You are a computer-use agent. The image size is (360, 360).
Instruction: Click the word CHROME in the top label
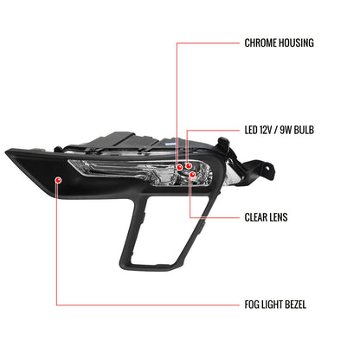pyautogui.click(x=260, y=43)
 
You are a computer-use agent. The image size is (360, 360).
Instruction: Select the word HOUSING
pyautogui.click(x=296, y=43)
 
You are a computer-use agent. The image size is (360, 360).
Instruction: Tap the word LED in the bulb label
pyautogui.click(x=251, y=130)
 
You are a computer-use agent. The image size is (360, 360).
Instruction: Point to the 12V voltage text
pyautogui.click(x=266, y=130)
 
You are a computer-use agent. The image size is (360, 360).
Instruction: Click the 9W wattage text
pyautogui.click(x=286, y=130)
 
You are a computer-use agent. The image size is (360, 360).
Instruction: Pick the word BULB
pyautogui.click(x=304, y=130)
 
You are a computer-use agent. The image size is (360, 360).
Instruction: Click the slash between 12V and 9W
pyautogui.click(x=276, y=130)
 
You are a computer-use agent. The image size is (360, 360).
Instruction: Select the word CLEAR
pyautogui.click(x=255, y=217)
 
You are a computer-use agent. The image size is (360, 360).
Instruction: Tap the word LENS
pyautogui.click(x=279, y=217)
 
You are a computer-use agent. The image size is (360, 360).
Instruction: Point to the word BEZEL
pyautogui.click(x=295, y=305)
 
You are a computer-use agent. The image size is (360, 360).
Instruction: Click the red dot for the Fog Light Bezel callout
pyautogui.click(x=59, y=180)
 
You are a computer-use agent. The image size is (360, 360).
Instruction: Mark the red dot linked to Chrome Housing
pyautogui.click(x=179, y=167)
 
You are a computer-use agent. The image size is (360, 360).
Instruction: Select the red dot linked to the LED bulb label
pyautogui.click(x=189, y=165)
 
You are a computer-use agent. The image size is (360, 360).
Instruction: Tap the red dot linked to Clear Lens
pyautogui.click(x=193, y=175)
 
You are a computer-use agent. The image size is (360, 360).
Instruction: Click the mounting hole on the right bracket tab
pyautogui.click(x=268, y=168)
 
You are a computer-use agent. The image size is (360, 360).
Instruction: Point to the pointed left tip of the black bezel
pyautogui.click(x=6, y=151)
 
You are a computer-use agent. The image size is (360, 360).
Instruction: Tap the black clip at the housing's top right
pyautogui.click(x=224, y=144)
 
